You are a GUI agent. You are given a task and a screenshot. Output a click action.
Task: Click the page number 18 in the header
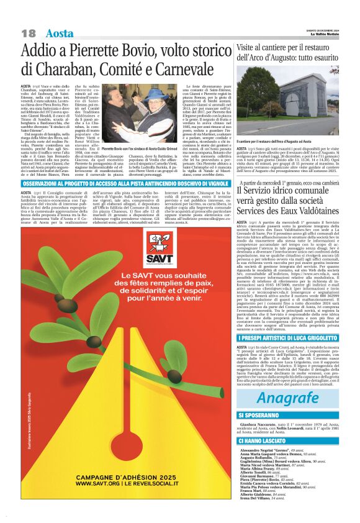[29, 33]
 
